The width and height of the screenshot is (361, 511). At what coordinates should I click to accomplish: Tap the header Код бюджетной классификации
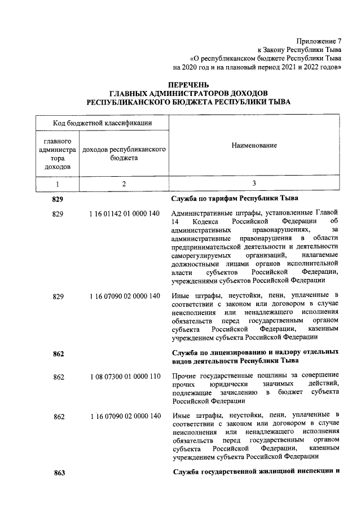pyautogui.click(x=102, y=123)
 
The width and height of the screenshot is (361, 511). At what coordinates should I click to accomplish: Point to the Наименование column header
pyautogui.click(x=254, y=146)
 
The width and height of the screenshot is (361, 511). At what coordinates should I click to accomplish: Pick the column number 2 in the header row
pyautogui.click(x=124, y=184)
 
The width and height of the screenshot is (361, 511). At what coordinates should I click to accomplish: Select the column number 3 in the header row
pyautogui.click(x=254, y=184)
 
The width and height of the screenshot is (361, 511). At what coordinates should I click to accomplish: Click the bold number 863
pyautogui.click(x=60, y=473)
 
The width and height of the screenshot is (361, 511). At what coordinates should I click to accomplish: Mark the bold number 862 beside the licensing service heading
pyautogui.click(x=59, y=354)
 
